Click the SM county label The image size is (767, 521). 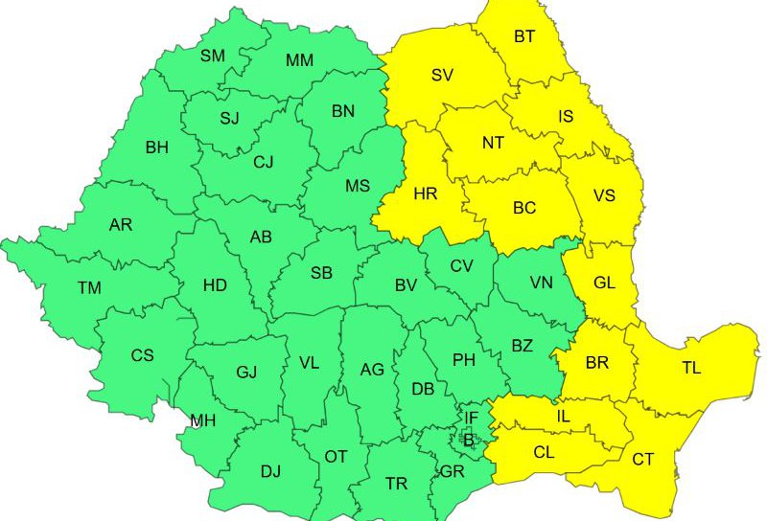click(212, 56)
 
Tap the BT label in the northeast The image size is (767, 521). click(524, 37)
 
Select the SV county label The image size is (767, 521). click(442, 76)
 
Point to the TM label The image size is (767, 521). click(89, 287)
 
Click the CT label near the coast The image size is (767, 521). click(642, 460)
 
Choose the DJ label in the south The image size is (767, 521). click(270, 470)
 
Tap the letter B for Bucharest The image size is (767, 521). click(469, 441)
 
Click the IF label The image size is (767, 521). click(471, 418)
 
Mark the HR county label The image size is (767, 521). click(425, 193)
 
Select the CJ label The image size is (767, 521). click(264, 162)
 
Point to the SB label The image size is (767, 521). click(321, 273)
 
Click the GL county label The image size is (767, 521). click(605, 283)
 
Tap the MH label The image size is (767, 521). click(202, 420)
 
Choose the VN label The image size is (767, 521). click(541, 283)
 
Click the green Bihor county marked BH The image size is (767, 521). click(156, 147)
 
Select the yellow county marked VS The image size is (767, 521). click(604, 195)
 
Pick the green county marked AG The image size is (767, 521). click(372, 370)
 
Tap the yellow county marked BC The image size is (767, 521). click(524, 208)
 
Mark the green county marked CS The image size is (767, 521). click(142, 356)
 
